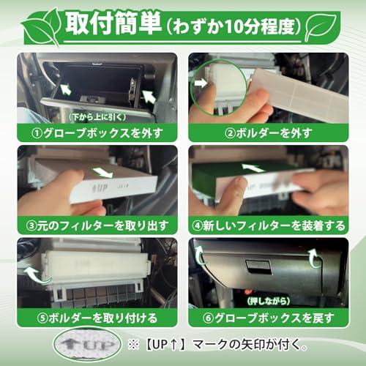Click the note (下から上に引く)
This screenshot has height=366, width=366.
coord(100,117)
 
